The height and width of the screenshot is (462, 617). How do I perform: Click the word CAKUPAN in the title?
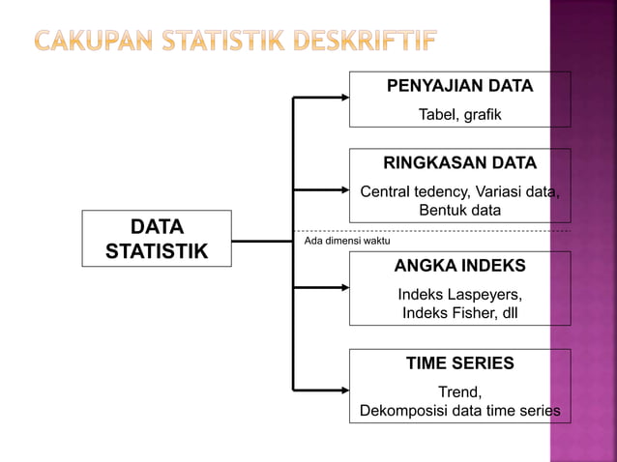(x=93, y=42)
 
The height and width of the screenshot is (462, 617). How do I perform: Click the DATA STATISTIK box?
(x=157, y=239)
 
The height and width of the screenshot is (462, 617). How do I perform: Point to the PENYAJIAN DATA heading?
(x=459, y=86)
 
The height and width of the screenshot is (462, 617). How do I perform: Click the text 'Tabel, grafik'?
(x=459, y=116)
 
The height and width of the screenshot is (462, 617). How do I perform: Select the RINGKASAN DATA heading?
(x=459, y=161)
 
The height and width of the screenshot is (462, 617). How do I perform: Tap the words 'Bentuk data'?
(x=459, y=210)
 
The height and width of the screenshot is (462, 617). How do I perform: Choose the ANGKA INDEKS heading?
(x=459, y=266)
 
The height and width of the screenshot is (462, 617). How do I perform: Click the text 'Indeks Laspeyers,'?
(x=459, y=294)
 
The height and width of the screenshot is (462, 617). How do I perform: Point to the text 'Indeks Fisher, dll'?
(x=459, y=313)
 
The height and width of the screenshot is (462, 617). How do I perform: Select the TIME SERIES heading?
(x=459, y=363)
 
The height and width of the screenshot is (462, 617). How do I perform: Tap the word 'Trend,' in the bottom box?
(x=459, y=391)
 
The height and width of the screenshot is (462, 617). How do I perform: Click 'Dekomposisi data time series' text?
(x=459, y=411)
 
